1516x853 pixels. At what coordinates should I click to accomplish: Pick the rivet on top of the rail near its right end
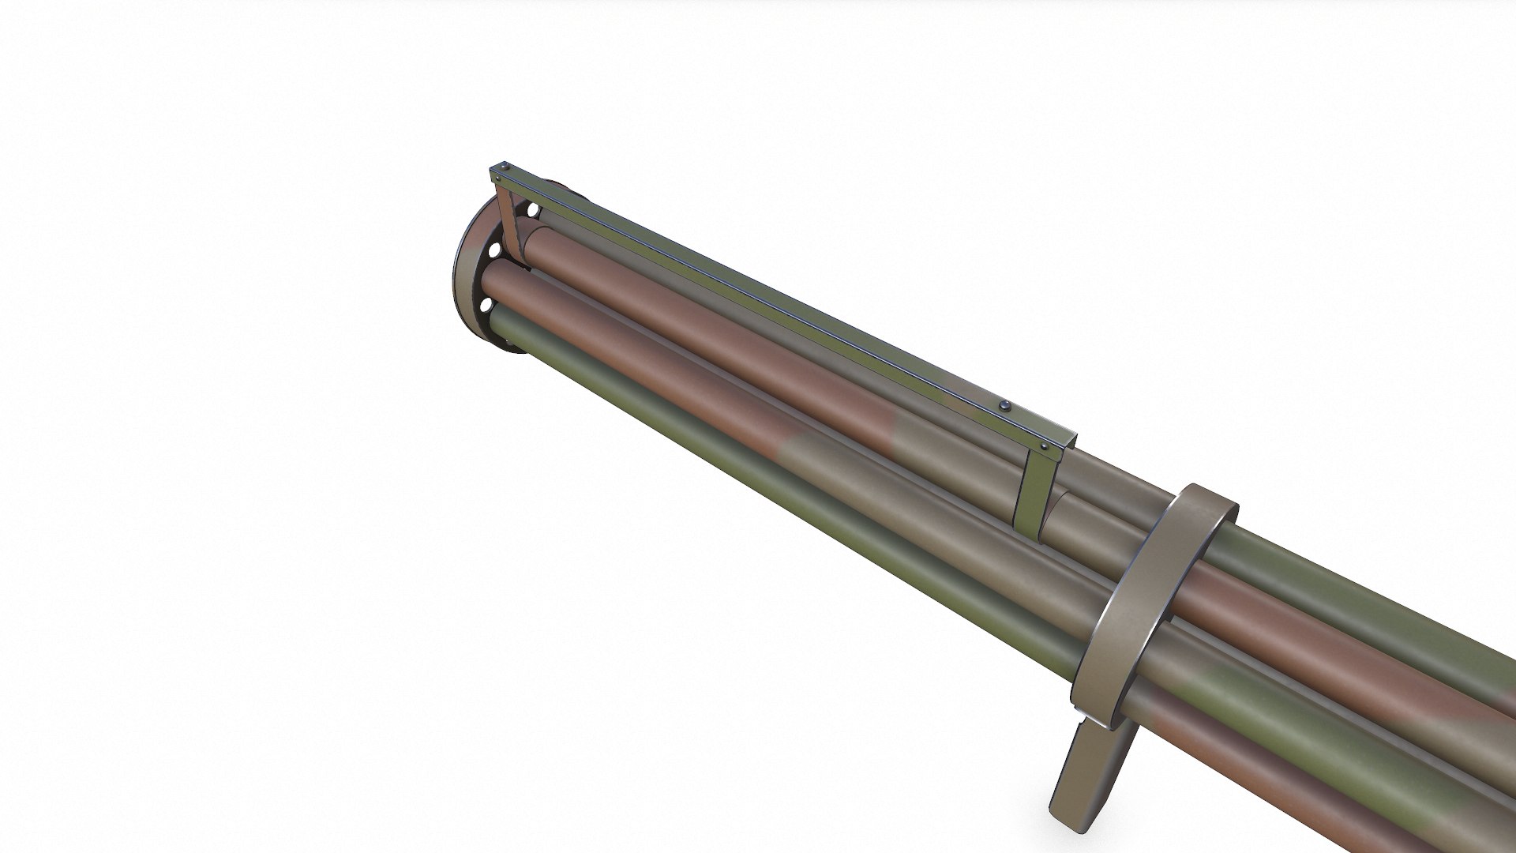coord(1004,406)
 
